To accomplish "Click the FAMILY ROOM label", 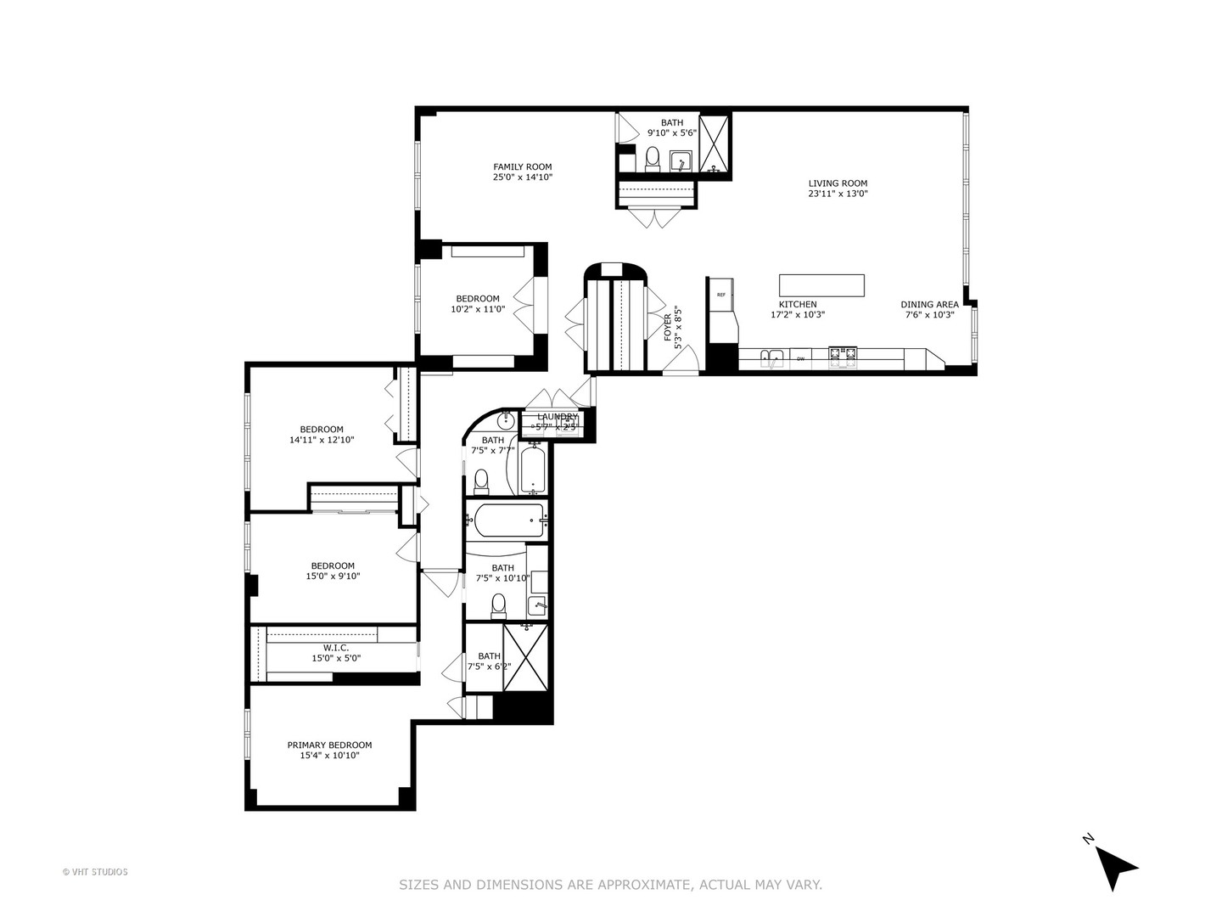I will [x=523, y=167].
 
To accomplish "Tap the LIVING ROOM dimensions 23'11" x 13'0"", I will [x=838, y=194].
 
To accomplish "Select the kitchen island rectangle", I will [x=821, y=285].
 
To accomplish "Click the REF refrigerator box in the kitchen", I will [x=721, y=295].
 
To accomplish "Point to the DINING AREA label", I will [x=929, y=304].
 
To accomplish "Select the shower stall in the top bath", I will [x=715, y=142].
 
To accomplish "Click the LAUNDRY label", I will [x=557, y=417].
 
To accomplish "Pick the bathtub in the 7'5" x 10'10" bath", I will [x=508, y=520].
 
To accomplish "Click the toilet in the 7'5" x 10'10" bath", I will [x=498, y=605].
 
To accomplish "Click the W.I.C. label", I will [x=335, y=648].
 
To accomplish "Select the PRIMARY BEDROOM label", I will [x=329, y=745].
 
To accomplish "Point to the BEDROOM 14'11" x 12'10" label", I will [x=322, y=430].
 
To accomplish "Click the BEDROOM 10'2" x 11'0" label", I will [x=478, y=299].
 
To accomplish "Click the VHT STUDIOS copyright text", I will [x=95, y=871].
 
